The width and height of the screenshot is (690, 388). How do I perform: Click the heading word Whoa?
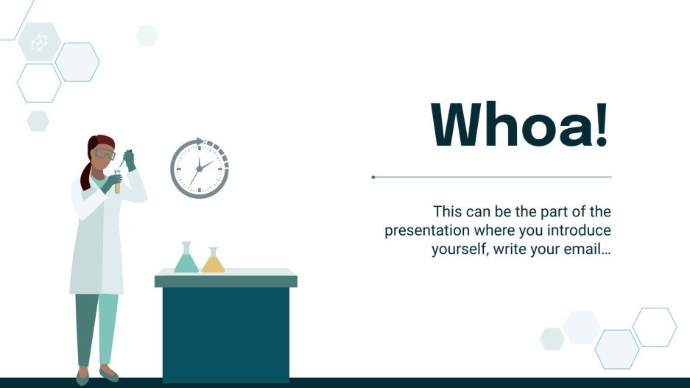(x=520, y=124)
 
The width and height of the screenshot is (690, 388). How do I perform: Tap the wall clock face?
(x=200, y=168)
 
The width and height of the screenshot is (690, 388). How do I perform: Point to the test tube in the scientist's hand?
(x=117, y=181)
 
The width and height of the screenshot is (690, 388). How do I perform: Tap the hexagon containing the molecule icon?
(x=38, y=42)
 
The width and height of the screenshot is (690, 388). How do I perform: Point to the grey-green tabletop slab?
(x=225, y=281)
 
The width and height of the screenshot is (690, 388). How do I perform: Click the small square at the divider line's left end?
(x=373, y=177)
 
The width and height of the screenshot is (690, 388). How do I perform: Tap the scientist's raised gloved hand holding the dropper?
(x=130, y=160)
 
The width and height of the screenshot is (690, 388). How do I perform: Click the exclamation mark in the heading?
(x=602, y=124)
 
